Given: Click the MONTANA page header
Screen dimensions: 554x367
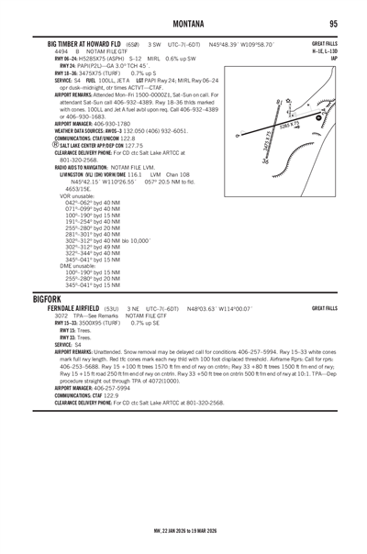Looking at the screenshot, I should pos(184,23).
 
